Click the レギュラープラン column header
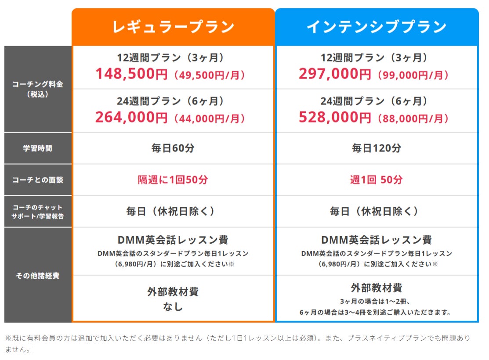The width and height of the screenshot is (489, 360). coord(173,27)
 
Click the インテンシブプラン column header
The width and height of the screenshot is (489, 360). coord(377,27)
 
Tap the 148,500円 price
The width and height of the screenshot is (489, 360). coord(131,74)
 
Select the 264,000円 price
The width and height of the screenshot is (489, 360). coord(131,118)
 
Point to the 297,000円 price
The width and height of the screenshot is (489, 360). coord(335,74)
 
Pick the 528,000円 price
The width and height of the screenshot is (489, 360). coord(335,118)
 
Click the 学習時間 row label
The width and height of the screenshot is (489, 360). coord(38,148)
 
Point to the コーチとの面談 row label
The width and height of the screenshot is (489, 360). coord(38,180)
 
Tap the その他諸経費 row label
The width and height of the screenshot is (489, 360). coord(38,276)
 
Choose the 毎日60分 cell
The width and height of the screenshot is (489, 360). coord(173,148)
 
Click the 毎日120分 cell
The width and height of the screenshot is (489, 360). coord(377,148)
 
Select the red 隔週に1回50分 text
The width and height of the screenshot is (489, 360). coord(173,180)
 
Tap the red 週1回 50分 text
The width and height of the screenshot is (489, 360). coord(377,180)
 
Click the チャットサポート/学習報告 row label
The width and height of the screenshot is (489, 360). coord(38,212)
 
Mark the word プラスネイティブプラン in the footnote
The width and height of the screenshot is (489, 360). coord(385,338)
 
